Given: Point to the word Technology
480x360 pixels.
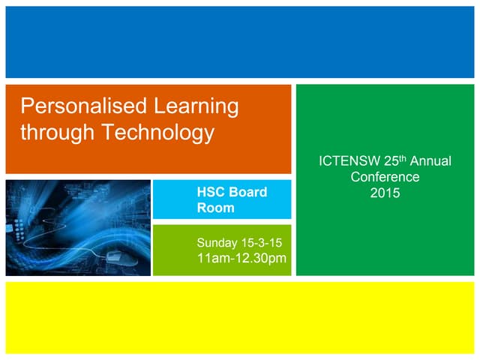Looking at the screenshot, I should (157, 133).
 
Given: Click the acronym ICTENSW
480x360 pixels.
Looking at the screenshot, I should (349, 161).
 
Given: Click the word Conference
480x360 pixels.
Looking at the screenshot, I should (385, 177).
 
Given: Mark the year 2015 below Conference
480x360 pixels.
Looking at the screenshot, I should (385, 193).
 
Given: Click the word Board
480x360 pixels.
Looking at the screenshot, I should (247, 192).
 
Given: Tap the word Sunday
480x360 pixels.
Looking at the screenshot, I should (216, 243).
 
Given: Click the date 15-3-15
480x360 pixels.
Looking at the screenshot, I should (261, 243).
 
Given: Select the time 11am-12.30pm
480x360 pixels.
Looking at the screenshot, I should (241, 259).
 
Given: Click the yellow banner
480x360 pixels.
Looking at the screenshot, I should (240, 317).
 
